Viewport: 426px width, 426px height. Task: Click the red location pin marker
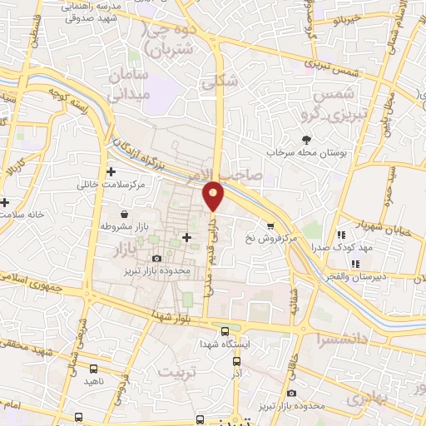(215, 195)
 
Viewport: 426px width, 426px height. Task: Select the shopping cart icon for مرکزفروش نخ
(269, 225)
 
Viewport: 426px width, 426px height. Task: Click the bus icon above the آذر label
(237, 362)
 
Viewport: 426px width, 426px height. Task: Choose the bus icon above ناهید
(92, 368)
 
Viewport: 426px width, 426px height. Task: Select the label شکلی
(220, 81)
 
